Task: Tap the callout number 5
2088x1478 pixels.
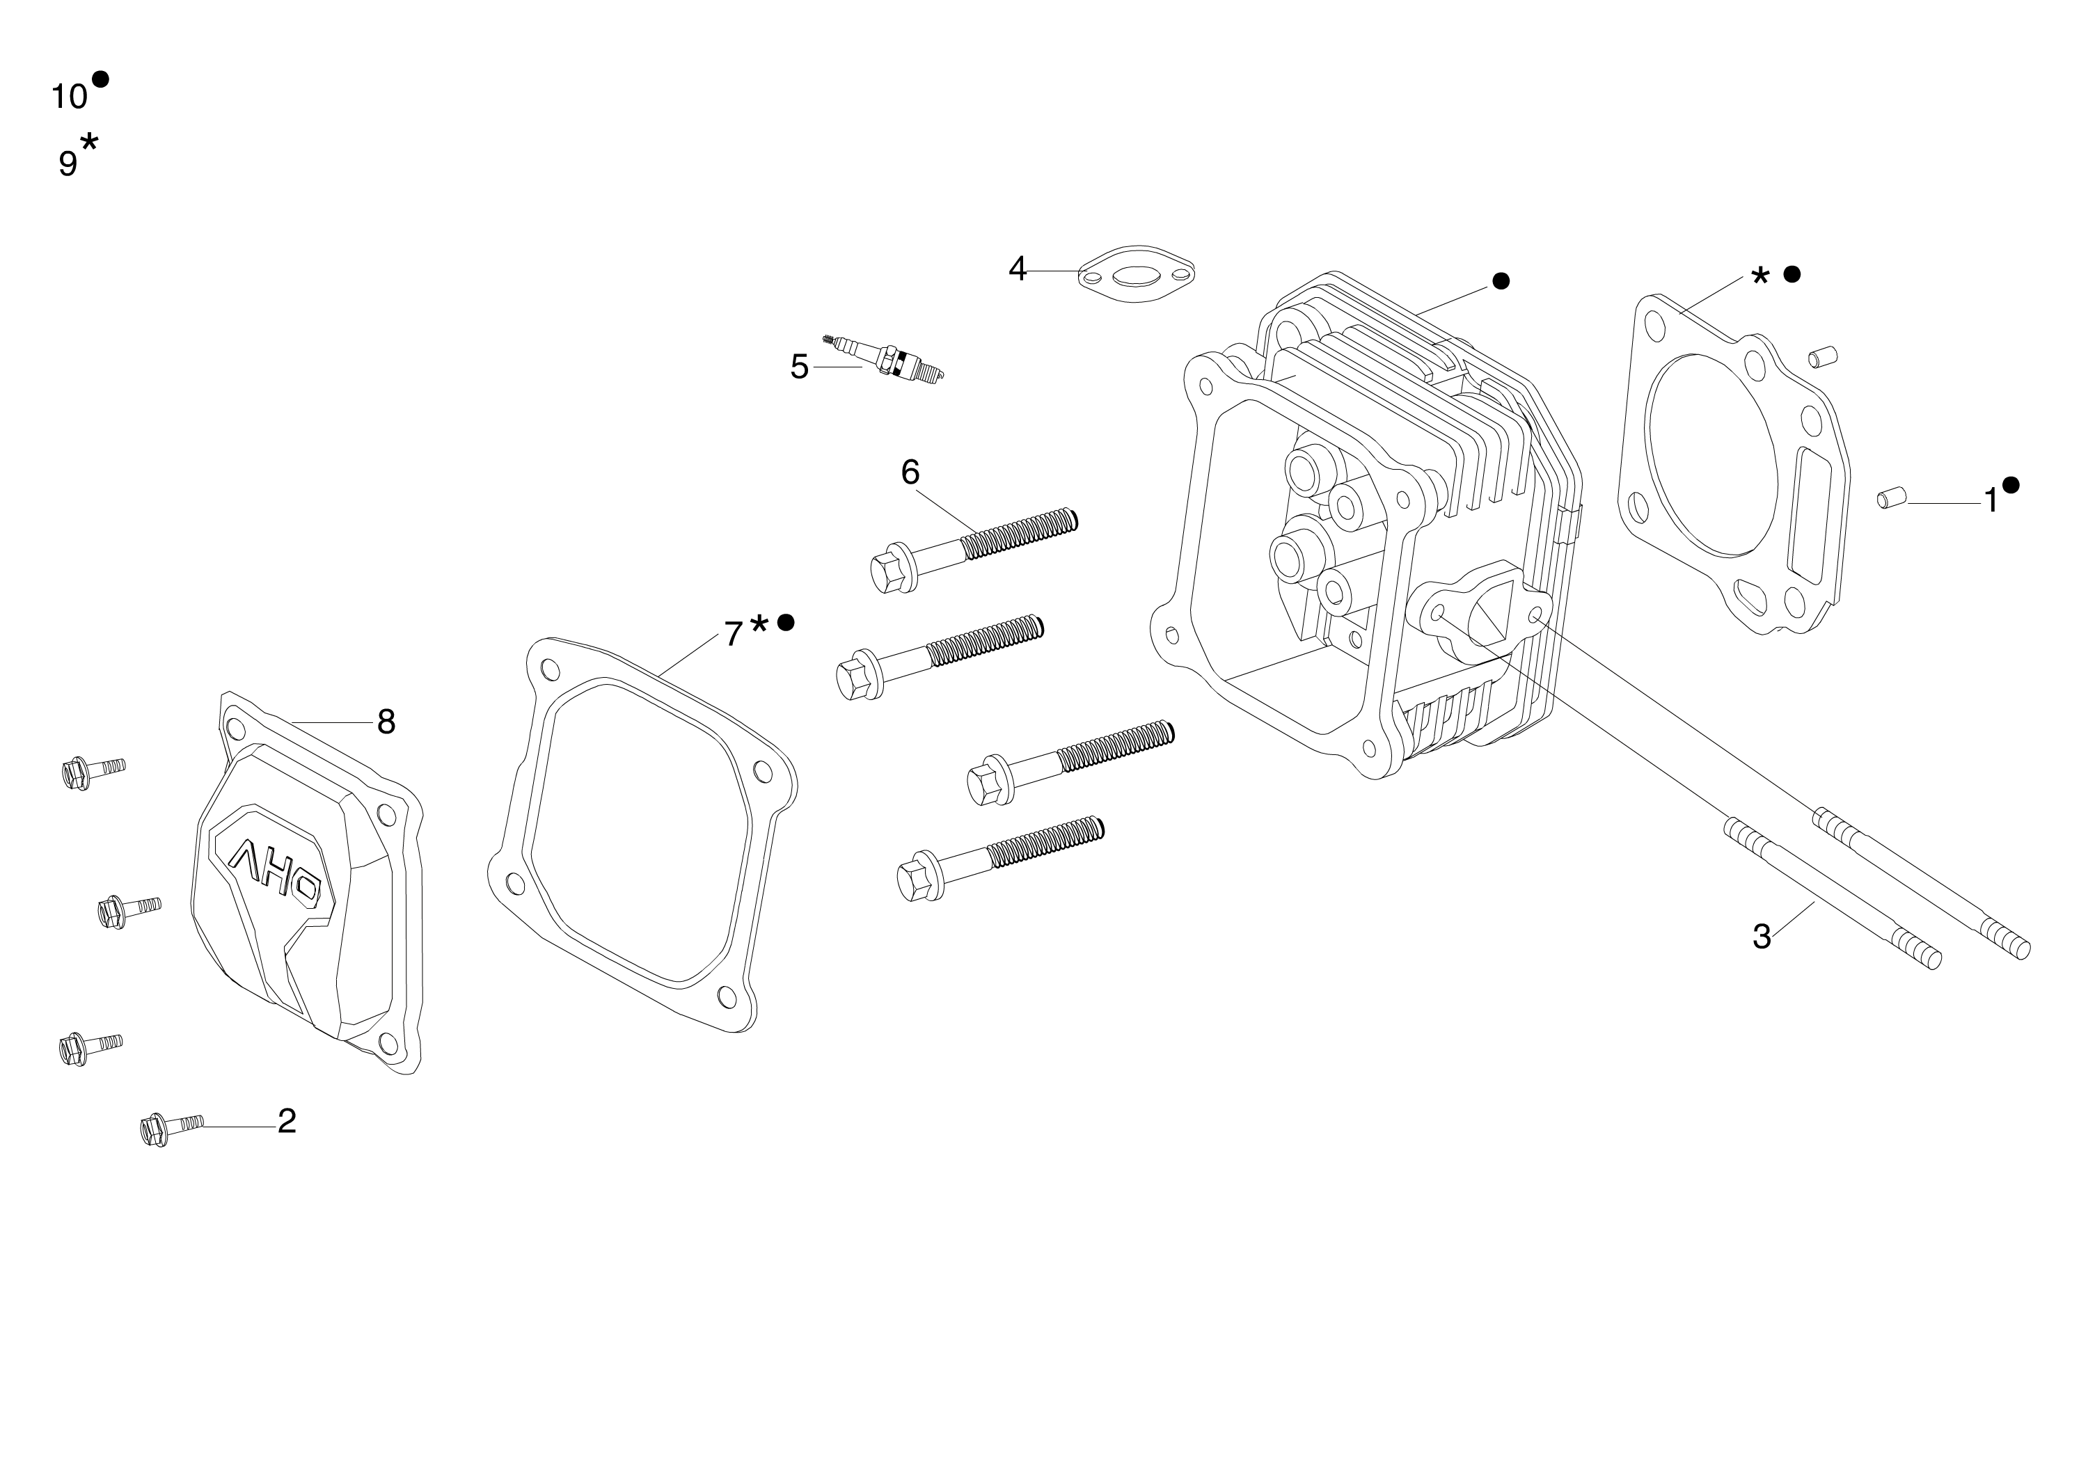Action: click(x=799, y=367)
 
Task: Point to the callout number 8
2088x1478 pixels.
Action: click(x=386, y=722)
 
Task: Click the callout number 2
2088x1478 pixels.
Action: click(x=287, y=1121)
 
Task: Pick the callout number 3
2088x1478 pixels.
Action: click(x=1762, y=937)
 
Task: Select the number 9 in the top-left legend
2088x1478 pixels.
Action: click(x=68, y=164)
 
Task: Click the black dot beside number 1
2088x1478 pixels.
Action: click(x=2011, y=485)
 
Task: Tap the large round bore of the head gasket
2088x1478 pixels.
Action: click(x=1711, y=454)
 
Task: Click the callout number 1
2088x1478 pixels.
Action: click(x=1991, y=500)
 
